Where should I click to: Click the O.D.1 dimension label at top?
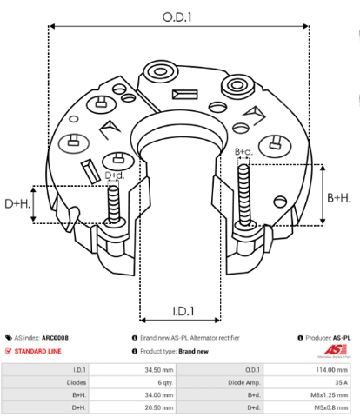click(177, 17)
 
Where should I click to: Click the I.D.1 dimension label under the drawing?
click(183, 311)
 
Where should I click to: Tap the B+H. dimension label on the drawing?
click(339, 198)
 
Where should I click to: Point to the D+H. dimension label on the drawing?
click(17, 204)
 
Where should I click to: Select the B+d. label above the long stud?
click(243, 151)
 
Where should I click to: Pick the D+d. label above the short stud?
click(114, 175)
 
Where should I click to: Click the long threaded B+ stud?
click(244, 195)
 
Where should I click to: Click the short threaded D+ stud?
click(114, 204)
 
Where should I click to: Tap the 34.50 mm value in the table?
click(159, 370)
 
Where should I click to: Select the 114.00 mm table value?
click(331, 370)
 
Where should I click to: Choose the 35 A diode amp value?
click(341, 382)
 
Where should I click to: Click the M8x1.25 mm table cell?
click(329, 395)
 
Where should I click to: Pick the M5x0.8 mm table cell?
click(331, 407)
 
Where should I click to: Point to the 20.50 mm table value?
click(159, 407)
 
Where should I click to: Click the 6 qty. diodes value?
click(165, 382)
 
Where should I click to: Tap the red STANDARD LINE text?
click(37, 351)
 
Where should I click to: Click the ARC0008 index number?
click(55, 338)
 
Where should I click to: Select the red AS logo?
click(336, 349)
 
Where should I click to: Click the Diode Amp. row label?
click(244, 382)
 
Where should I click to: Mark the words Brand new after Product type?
click(193, 351)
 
